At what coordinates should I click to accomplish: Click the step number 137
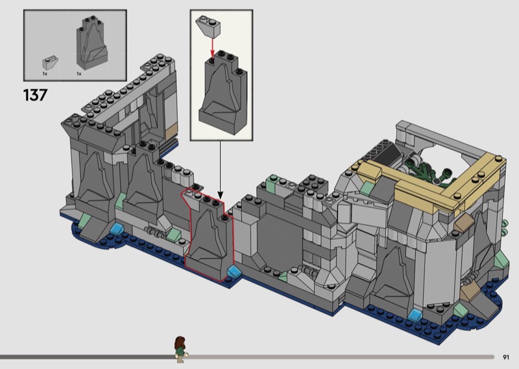click(x=35, y=95)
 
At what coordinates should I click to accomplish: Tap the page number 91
click(x=506, y=357)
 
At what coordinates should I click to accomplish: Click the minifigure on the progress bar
click(x=180, y=349)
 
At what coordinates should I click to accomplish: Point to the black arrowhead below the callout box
click(x=221, y=196)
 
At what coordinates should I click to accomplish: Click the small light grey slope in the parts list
click(x=50, y=62)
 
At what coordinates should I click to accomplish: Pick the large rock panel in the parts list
click(x=91, y=42)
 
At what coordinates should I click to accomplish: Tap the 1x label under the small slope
click(x=45, y=73)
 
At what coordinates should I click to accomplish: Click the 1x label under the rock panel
click(x=78, y=73)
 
